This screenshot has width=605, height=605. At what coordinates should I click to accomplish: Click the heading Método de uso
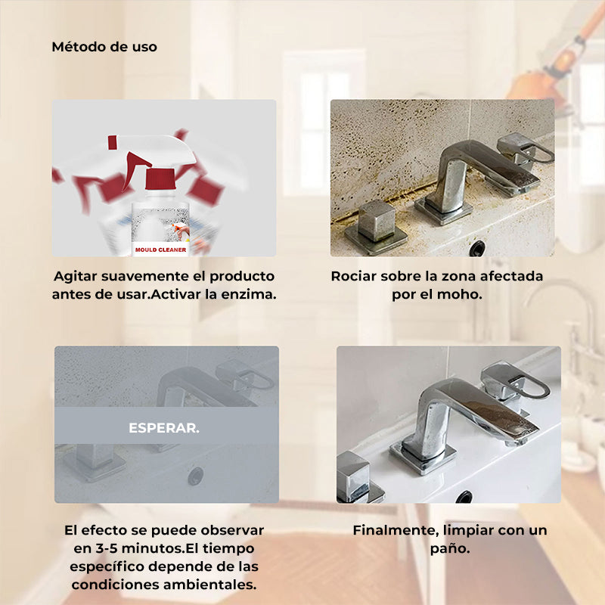point(104,47)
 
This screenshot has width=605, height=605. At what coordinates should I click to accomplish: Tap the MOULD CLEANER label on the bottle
point(160,248)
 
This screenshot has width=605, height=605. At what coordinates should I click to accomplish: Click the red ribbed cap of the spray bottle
point(158,181)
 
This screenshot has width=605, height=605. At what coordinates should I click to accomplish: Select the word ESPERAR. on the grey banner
point(164,428)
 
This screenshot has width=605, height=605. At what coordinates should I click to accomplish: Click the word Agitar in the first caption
point(75,276)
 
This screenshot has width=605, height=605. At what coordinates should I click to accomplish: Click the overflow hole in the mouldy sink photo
point(477,247)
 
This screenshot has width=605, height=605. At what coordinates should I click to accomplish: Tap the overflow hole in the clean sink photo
point(464,497)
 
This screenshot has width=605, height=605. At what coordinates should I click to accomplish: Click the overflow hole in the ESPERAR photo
point(196,475)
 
